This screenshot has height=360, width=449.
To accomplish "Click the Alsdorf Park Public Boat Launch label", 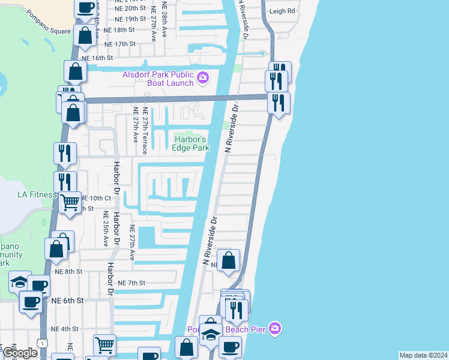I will pyautogui.click(x=158, y=79).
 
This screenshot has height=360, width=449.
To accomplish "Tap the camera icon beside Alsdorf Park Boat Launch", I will pyautogui.click(x=203, y=77).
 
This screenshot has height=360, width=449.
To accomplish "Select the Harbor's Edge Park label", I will pyautogui.click(x=190, y=143).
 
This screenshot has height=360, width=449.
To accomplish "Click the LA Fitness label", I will pyautogui.click(x=37, y=194).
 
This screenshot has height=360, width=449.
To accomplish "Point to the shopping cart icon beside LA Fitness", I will pyautogui.click(x=71, y=203).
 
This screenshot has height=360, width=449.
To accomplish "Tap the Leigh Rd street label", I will pyautogui.click(x=283, y=11).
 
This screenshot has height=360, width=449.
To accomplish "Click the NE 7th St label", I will pyautogui.click(x=132, y=283).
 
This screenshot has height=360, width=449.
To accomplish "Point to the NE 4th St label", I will pyautogui.click(x=65, y=329).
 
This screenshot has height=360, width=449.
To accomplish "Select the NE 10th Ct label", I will pyautogui.click(x=96, y=198).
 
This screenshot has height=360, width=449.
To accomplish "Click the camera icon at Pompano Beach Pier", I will pyautogui.click(x=275, y=328).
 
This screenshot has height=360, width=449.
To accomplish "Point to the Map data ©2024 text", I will pyautogui.click(x=423, y=355).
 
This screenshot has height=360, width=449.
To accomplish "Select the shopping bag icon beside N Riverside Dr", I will pyautogui.click(x=228, y=261).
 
